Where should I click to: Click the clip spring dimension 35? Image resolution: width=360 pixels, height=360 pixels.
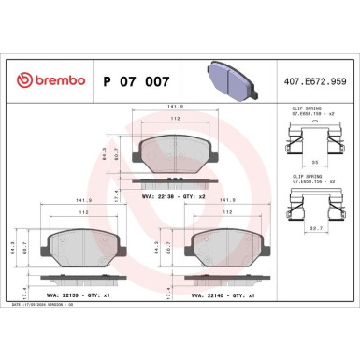[x=313, y=165]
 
